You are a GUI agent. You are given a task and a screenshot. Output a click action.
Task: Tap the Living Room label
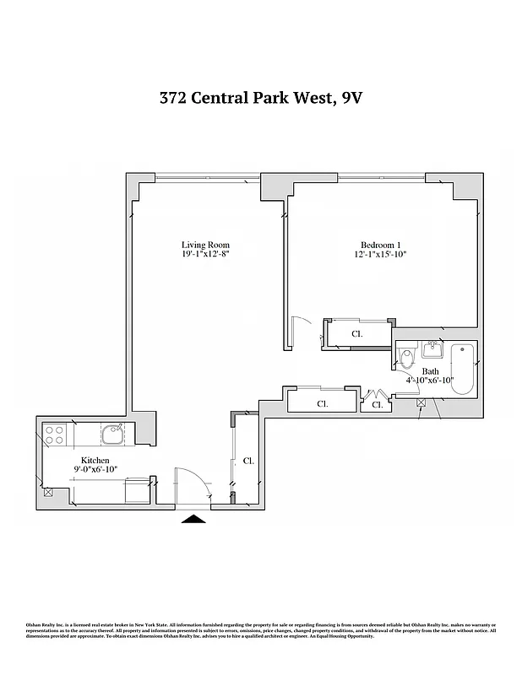click(205, 245)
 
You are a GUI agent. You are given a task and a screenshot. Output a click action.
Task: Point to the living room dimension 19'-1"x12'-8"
click(205, 254)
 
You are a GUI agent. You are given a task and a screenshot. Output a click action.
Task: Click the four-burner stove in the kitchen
click(55, 435)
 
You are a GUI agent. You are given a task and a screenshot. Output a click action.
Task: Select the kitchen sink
click(112, 435)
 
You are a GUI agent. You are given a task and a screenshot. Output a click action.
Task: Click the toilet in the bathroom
click(407, 359)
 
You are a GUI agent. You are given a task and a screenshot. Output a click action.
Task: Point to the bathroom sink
click(432, 348)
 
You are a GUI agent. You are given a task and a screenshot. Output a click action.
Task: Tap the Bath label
click(431, 371)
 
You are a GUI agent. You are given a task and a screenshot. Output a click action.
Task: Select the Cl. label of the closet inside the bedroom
click(356, 334)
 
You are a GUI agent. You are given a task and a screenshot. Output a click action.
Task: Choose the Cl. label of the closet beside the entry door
click(248, 462)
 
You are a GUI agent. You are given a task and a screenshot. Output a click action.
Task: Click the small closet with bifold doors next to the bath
click(377, 404)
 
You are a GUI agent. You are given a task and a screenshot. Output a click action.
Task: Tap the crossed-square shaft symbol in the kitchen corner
click(48, 492)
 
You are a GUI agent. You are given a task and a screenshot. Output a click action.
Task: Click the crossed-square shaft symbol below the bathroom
click(421, 404)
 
